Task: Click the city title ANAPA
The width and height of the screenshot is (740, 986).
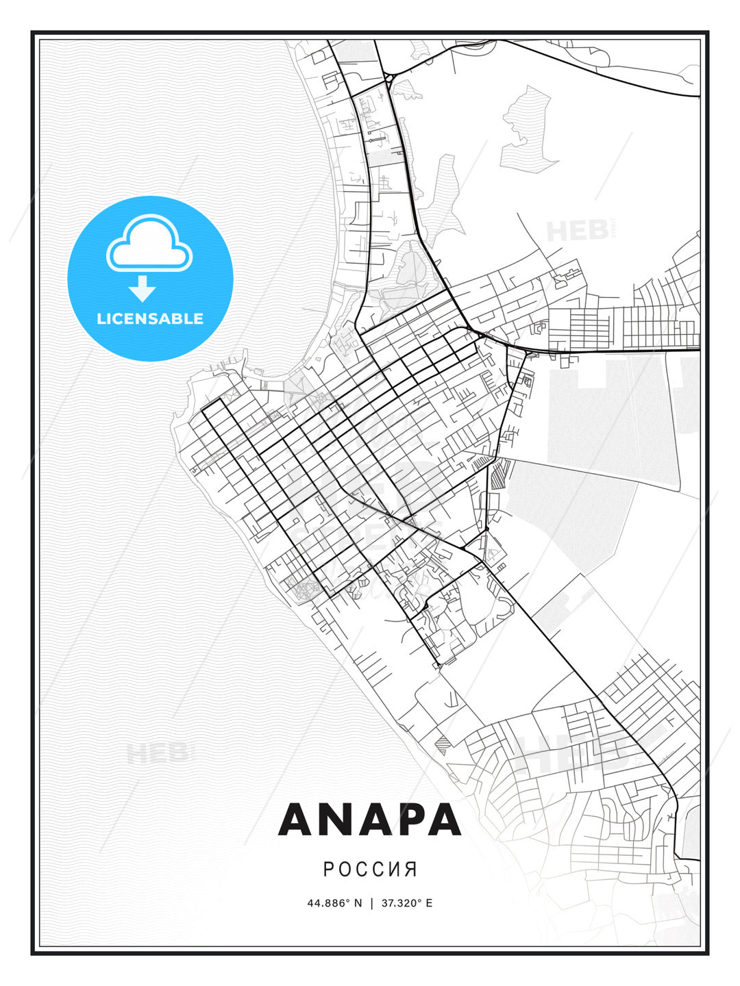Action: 369,819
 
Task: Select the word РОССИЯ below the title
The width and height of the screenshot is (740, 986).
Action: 370,869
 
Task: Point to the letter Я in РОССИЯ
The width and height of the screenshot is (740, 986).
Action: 411,869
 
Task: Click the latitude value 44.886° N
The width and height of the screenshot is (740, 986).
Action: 334,903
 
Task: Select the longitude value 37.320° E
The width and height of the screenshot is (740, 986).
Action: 406,903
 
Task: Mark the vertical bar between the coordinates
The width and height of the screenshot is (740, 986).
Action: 371,903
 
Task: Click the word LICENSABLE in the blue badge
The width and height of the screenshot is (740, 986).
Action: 150,318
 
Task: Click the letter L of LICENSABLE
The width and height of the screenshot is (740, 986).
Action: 100,318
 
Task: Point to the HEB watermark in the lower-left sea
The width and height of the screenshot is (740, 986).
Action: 156,754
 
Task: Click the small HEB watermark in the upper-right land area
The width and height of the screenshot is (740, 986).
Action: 578,231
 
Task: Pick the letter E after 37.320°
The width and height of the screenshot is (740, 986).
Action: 429,903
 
